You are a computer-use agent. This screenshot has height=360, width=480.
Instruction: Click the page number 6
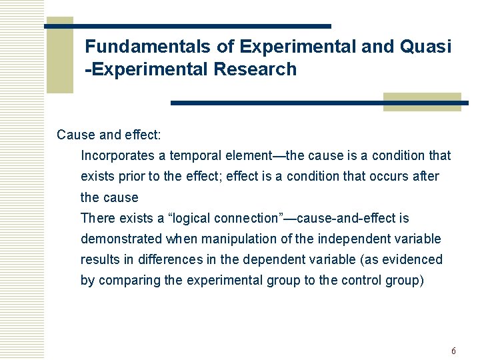click(453, 351)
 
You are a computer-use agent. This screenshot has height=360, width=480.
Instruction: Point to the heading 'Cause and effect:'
click(109, 135)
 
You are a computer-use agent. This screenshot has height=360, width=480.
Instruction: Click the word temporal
click(193, 156)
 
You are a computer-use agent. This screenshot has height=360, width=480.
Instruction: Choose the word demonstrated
click(121, 239)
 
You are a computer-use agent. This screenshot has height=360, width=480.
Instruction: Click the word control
click(363, 280)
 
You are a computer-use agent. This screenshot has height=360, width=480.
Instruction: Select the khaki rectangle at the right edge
click(422, 101)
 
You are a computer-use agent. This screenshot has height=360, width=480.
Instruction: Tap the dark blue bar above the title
click(187, 26)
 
